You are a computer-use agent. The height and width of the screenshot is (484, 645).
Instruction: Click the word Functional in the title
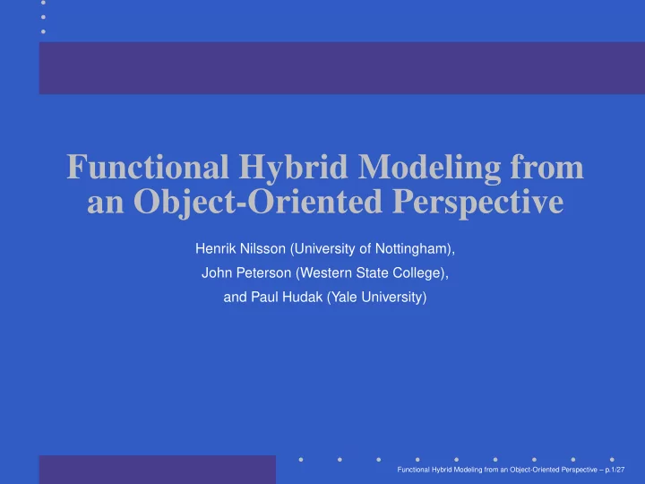[148, 167]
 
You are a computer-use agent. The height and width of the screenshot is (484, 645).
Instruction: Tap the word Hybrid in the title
[293, 169]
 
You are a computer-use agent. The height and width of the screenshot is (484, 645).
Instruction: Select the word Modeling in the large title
[429, 169]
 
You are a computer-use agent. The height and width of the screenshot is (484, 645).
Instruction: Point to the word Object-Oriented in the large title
[258, 203]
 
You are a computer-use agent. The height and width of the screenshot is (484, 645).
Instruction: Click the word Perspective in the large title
[478, 203]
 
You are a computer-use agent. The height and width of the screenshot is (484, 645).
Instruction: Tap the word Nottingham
[413, 249]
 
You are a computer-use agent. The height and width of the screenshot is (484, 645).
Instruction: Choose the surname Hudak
[305, 298]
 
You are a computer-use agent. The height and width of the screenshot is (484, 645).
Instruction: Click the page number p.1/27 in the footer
[615, 470]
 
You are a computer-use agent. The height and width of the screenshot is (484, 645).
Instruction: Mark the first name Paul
[266, 298]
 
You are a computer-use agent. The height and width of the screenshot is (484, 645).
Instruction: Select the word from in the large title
[547, 167]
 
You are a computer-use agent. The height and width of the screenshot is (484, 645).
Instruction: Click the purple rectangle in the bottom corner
[158, 470]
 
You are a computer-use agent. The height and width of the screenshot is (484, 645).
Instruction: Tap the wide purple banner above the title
[342, 68]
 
